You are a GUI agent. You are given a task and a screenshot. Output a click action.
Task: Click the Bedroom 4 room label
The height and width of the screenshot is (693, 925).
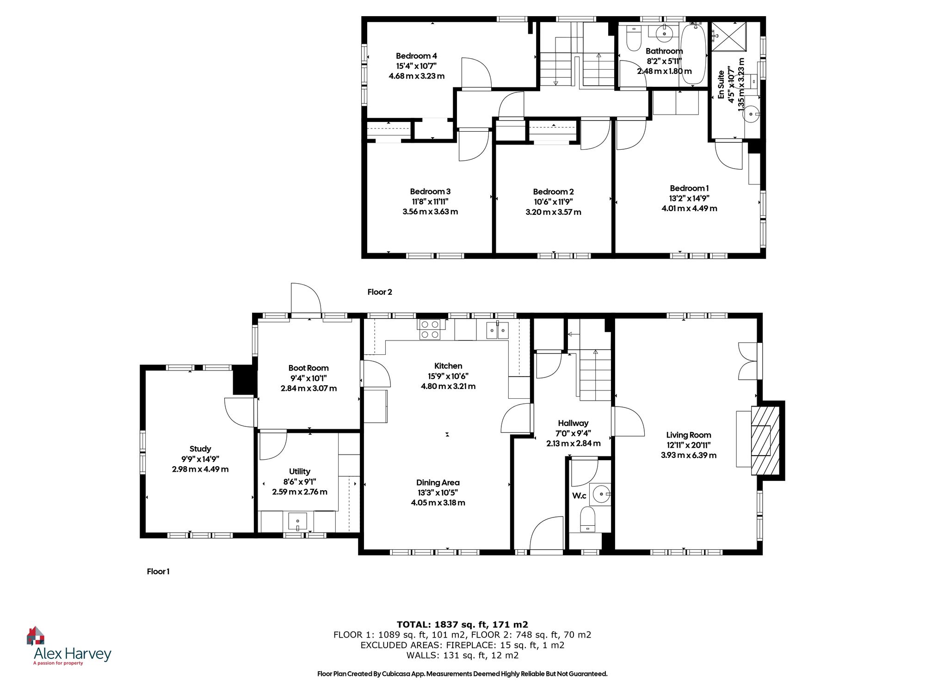[416, 56]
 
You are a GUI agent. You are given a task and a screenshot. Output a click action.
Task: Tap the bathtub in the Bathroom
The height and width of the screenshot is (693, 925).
[692, 55]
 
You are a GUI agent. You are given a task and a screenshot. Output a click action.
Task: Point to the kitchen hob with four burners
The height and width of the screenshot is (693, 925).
[430, 330]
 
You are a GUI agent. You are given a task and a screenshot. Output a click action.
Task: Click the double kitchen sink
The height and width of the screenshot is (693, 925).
[497, 330]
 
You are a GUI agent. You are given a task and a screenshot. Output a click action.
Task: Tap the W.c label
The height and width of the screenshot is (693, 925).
[579, 496]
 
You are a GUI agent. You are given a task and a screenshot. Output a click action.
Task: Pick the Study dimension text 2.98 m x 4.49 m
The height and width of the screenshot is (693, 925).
[200, 469]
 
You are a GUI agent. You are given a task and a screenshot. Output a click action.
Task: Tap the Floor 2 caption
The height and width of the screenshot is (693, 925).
[380, 292]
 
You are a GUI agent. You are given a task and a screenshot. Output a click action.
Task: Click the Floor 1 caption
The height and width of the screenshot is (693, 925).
[158, 571]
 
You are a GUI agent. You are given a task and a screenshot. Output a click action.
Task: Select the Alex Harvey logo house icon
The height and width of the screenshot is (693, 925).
[36, 636]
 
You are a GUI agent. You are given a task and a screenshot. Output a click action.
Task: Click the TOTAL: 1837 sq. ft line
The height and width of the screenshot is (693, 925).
[462, 625]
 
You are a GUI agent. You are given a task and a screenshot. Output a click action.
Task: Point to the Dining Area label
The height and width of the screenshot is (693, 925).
[438, 482]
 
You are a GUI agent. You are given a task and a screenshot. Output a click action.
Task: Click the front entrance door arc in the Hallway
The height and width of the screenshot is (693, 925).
[546, 534]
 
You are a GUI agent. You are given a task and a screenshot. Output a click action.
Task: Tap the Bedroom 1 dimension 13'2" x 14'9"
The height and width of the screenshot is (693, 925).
[689, 198]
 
